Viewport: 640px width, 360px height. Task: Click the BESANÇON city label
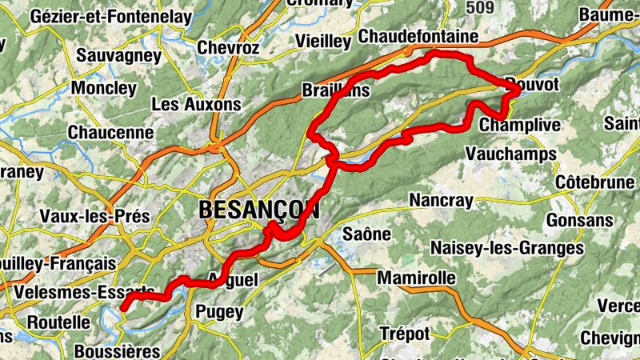pos(258,210)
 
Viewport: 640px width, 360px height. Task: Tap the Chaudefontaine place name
pos(418,37)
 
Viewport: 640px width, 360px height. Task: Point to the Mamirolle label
pos(415,278)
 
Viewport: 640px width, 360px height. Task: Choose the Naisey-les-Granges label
pos(507,249)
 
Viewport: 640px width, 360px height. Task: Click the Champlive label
pos(520,126)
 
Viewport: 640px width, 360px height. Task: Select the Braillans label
pos(336,90)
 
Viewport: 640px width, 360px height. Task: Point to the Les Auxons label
pos(195,104)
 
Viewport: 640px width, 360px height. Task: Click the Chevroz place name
pos(228,47)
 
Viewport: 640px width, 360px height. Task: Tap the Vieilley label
pos(323,41)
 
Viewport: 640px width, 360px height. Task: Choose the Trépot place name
pos(405,333)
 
